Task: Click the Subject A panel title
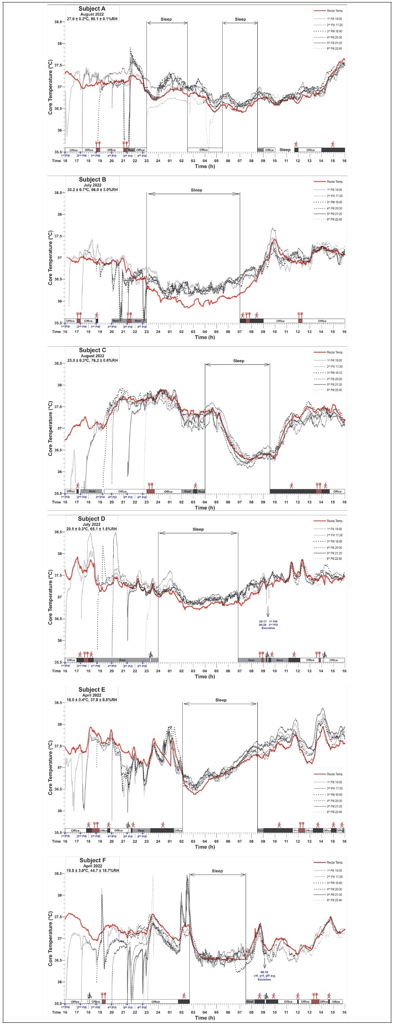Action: click(x=92, y=9)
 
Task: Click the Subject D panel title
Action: click(x=92, y=519)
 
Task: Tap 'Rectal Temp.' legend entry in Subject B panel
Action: click(x=334, y=181)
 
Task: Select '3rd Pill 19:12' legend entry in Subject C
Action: click(x=334, y=373)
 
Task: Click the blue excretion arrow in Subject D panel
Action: click(x=268, y=611)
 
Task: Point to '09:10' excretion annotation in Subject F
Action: click(x=264, y=972)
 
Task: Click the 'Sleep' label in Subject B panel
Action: click(x=196, y=190)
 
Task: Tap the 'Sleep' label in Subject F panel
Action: click(x=217, y=871)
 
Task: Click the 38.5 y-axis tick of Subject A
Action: click(x=58, y=22)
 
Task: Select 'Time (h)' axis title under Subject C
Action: click(x=205, y=507)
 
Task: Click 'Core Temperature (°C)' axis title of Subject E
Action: click(x=50, y=767)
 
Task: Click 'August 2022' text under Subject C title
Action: click(x=92, y=356)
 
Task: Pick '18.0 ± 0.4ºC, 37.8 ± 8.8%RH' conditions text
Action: click(x=92, y=700)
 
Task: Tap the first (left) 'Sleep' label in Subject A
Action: click(x=166, y=19)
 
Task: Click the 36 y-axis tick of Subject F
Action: click(x=59, y=982)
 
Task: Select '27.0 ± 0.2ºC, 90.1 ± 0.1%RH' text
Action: click(x=92, y=19)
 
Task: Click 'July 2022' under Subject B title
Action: click(x=92, y=185)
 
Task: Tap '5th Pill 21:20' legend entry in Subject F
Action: click(x=334, y=895)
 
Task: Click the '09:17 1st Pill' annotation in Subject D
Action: click(x=268, y=621)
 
